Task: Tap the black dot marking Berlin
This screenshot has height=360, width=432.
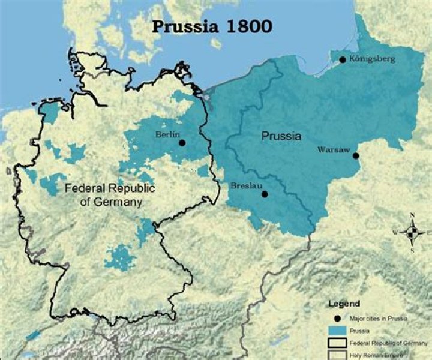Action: coord(182,143)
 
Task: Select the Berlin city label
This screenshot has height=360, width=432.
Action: coord(167,134)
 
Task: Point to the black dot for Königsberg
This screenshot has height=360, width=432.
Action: coord(342,59)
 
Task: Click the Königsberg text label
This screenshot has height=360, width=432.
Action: coord(371,59)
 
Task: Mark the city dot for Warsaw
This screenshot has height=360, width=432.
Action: coord(356,156)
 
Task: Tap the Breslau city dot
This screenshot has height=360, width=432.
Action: coord(265,194)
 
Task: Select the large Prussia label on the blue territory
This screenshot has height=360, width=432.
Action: coord(281,136)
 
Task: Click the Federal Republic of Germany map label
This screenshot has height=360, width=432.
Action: coord(110,195)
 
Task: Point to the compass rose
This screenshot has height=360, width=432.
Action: coord(412,232)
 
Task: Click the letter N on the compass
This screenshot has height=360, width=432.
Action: coord(412,215)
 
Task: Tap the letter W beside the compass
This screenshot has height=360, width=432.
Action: coord(395,232)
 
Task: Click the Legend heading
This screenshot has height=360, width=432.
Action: coord(344,304)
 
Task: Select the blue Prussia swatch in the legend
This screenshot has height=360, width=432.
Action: coord(340,330)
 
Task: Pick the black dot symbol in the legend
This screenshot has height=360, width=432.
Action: coord(340,318)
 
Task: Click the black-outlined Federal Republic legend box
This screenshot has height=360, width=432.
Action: coord(340,343)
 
